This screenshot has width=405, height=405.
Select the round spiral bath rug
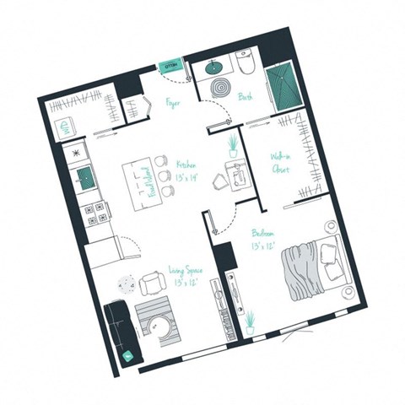coord(221,88)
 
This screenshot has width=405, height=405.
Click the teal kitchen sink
coord(86,175)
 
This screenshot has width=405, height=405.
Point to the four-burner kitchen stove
coord(94,212)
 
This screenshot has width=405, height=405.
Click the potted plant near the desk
coord(232,145)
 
